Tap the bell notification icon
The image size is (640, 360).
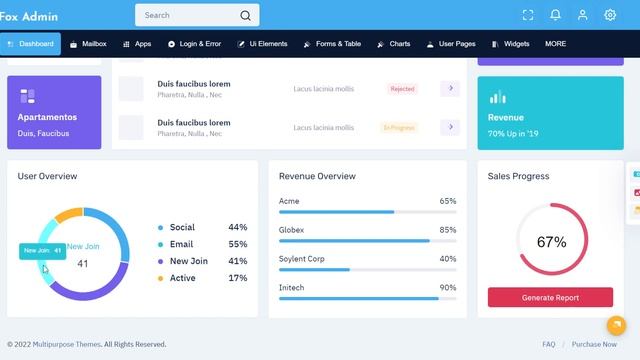(555, 15)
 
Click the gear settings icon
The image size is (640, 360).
(610, 15)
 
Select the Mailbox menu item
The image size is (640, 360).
(88, 44)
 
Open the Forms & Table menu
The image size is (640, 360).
(332, 44)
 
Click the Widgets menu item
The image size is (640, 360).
(511, 44)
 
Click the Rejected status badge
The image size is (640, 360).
(402, 89)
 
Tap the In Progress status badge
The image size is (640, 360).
(398, 127)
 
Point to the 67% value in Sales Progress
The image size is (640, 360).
(551, 242)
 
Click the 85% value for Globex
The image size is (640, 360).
(448, 230)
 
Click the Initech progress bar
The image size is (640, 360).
(367, 298)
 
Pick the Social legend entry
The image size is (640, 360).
(182, 227)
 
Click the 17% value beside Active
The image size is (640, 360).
(238, 278)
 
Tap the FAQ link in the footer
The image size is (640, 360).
(549, 344)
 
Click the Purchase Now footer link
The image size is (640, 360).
(594, 344)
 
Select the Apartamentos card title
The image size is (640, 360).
(47, 117)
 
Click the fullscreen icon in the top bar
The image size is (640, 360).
(528, 15)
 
